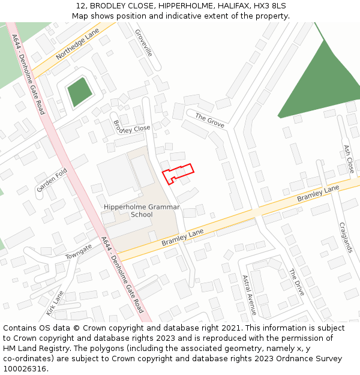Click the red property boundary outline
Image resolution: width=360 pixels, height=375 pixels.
(178, 173)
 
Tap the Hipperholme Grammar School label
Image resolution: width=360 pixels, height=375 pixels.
(142, 211)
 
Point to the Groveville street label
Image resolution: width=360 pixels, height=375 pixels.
(144, 43)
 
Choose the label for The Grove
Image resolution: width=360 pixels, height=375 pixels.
(210, 120)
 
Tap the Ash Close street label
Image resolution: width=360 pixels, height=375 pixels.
(348, 158)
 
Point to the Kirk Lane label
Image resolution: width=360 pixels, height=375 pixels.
(55, 304)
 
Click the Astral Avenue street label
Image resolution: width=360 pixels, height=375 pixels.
(249, 295)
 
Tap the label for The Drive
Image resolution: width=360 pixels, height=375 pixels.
(296, 282)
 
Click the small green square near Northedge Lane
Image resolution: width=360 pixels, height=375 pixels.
(79, 92)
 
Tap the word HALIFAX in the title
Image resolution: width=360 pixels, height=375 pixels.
(226, 6)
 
